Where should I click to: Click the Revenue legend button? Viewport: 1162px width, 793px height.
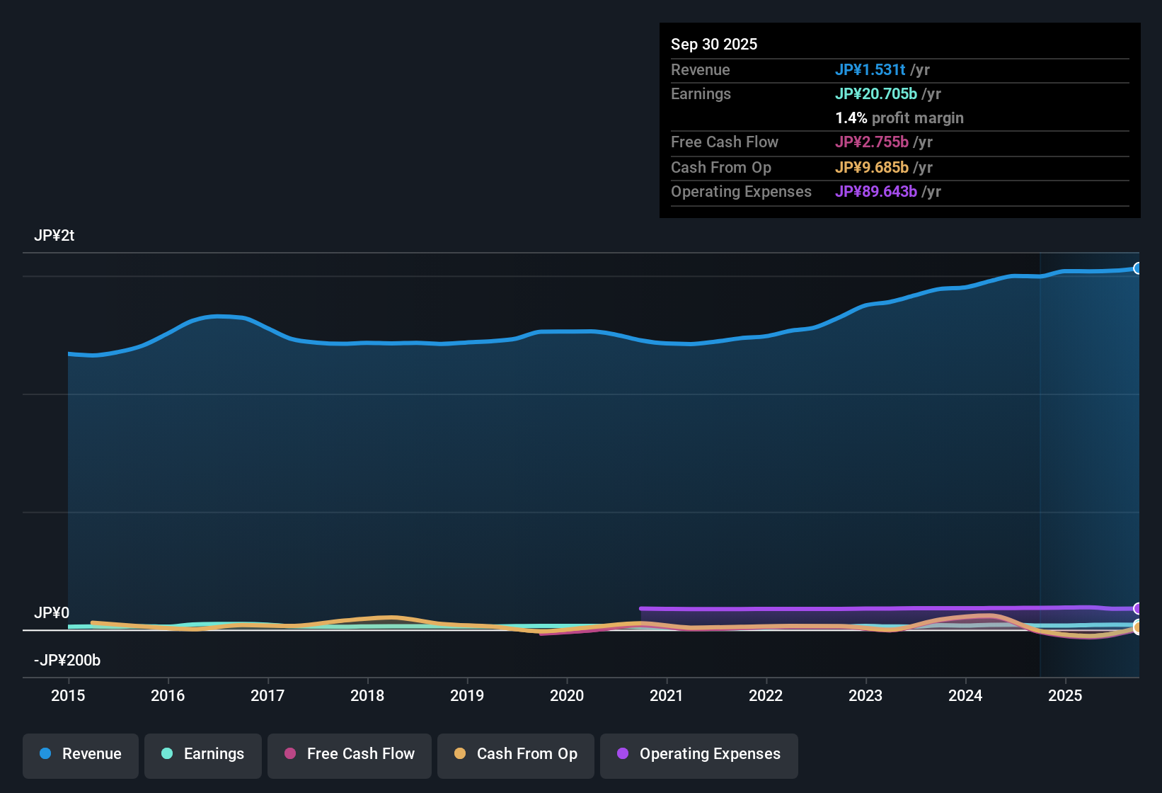click(81, 754)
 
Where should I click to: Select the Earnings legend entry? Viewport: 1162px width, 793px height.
click(203, 754)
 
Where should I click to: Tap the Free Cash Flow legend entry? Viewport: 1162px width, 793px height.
click(350, 754)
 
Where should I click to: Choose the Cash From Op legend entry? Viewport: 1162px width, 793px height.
click(516, 754)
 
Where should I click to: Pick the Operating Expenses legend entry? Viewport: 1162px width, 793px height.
click(699, 754)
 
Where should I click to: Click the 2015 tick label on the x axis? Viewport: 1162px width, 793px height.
click(68, 695)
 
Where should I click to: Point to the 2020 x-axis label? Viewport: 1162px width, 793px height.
click(567, 695)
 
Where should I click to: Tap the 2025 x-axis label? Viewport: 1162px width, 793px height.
click(1065, 695)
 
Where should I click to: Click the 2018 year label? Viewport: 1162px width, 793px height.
click(367, 695)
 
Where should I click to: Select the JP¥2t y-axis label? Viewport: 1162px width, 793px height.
click(54, 236)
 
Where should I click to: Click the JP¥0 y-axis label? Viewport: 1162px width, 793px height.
click(52, 612)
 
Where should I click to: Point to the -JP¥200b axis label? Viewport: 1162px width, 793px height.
click(67, 660)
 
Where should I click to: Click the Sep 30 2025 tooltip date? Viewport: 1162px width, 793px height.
click(714, 44)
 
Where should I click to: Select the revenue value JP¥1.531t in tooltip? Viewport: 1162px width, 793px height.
click(870, 69)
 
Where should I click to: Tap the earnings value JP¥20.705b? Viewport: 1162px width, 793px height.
click(875, 93)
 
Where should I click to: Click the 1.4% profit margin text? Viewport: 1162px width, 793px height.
click(899, 118)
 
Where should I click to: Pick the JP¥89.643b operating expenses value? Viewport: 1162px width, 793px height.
click(875, 191)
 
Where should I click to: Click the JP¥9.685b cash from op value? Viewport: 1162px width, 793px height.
click(871, 167)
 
